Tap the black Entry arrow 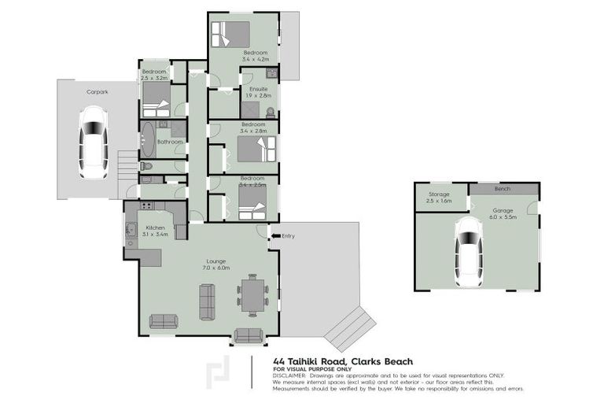point(274,235)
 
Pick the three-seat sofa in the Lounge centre point(208,301)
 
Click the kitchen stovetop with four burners point(147,206)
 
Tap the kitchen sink point(131,233)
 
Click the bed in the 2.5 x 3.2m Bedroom point(156,95)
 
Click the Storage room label point(439,194)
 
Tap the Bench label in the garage point(502,189)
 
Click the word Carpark point(97,92)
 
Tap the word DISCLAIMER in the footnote point(292,375)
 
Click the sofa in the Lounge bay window point(248,335)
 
